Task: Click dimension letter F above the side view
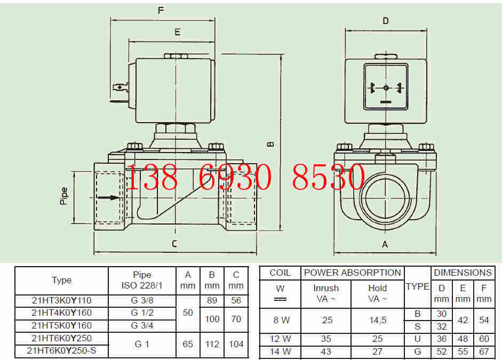pyautogui.click(x=161, y=11)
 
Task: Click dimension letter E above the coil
pyautogui.click(x=177, y=32)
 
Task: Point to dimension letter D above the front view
pyautogui.click(x=386, y=21)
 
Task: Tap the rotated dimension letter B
pyautogui.click(x=270, y=145)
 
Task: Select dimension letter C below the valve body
pyautogui.click(x=174, y=244)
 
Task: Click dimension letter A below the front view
pyautogui.click(x=385, y=244)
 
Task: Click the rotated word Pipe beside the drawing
pyautogui.click(x=64, y=196)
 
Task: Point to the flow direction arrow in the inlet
pyautogui.click(x=108, y=197)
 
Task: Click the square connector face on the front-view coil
pyautogui.click(x=386, y=87)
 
